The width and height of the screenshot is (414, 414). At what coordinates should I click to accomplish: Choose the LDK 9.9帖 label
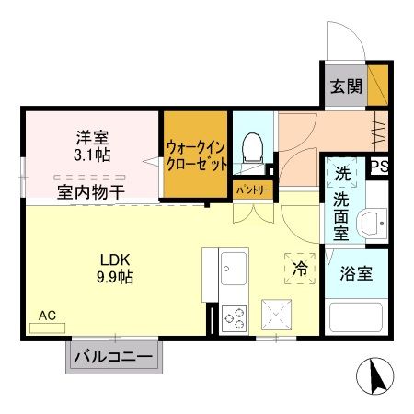(115, 266)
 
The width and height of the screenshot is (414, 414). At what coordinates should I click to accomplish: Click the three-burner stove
(234, 317)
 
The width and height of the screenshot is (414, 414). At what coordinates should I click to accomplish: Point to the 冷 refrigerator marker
(300, 268)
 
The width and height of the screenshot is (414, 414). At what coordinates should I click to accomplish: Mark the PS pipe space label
(378, 167)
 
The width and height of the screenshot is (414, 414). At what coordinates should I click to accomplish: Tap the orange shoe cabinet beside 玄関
(378, 84)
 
